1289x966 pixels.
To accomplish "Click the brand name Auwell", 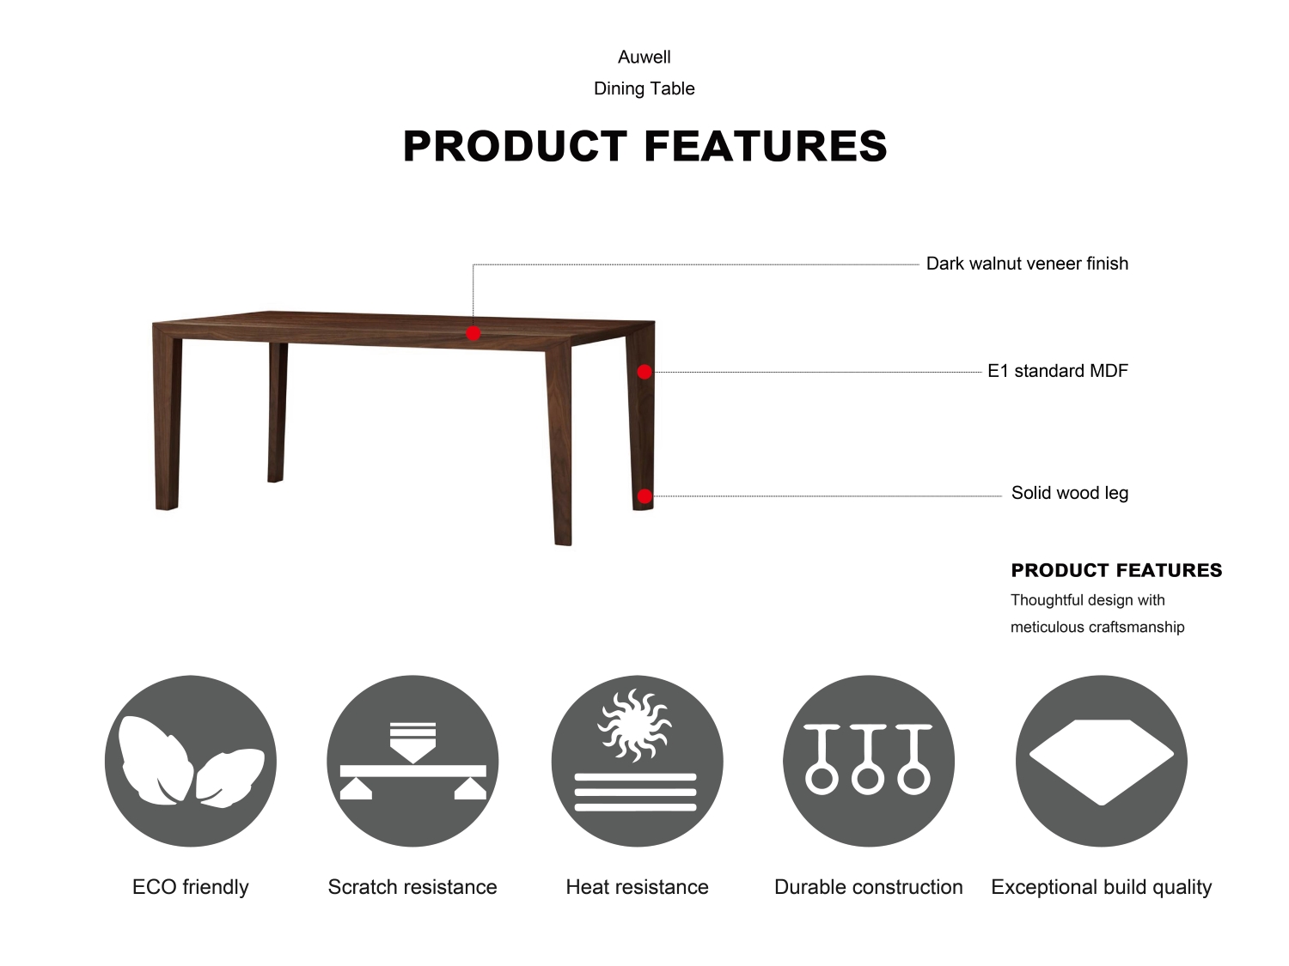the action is coord(644,57).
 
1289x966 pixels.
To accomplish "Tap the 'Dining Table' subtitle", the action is coord(644,88).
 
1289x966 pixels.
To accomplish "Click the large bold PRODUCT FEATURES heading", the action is coord(644,146).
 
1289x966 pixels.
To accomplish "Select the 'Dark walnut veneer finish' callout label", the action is coord(1027,264).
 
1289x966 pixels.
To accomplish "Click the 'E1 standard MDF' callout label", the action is coord(1058,371).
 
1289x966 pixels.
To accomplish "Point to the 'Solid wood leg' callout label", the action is coord(1069,493).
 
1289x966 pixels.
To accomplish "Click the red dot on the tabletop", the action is coord(473,333).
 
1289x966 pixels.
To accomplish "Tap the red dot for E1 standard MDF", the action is coord(644,372).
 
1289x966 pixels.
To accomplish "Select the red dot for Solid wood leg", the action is coord(644,496).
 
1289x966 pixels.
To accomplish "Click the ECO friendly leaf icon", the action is coord(190,761).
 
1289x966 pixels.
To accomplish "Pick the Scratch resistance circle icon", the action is coord(412,761).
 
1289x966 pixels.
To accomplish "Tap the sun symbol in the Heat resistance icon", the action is coord(634,726).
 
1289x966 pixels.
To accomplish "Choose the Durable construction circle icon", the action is coord(869,761).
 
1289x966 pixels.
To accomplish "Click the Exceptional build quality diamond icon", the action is coord(1101,761).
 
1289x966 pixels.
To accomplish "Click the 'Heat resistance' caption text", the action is coord(637,887).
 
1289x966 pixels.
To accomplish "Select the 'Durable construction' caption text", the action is coord(869,887).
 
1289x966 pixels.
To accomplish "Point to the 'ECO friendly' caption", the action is coord(190,887).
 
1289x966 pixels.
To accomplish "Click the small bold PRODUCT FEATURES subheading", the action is coord(1116,570).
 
